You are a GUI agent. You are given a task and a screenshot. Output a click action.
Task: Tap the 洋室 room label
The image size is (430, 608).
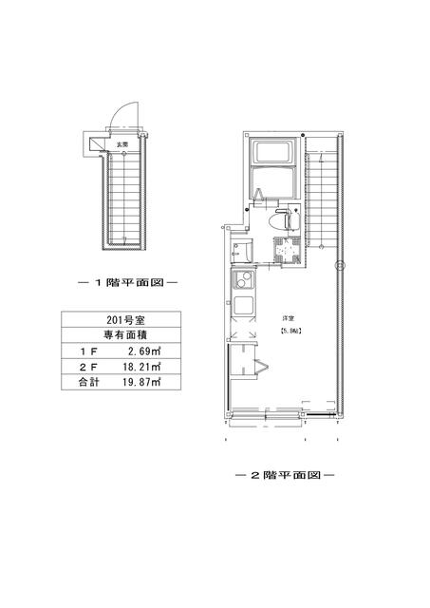[x=285, y=317]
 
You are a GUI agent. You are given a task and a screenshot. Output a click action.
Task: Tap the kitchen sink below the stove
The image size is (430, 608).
[x=244, y=308]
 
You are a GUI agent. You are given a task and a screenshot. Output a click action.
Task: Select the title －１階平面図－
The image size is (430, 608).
[x=127, y=283]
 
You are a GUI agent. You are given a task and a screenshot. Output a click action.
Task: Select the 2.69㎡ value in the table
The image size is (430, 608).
[x=140, y=351]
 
